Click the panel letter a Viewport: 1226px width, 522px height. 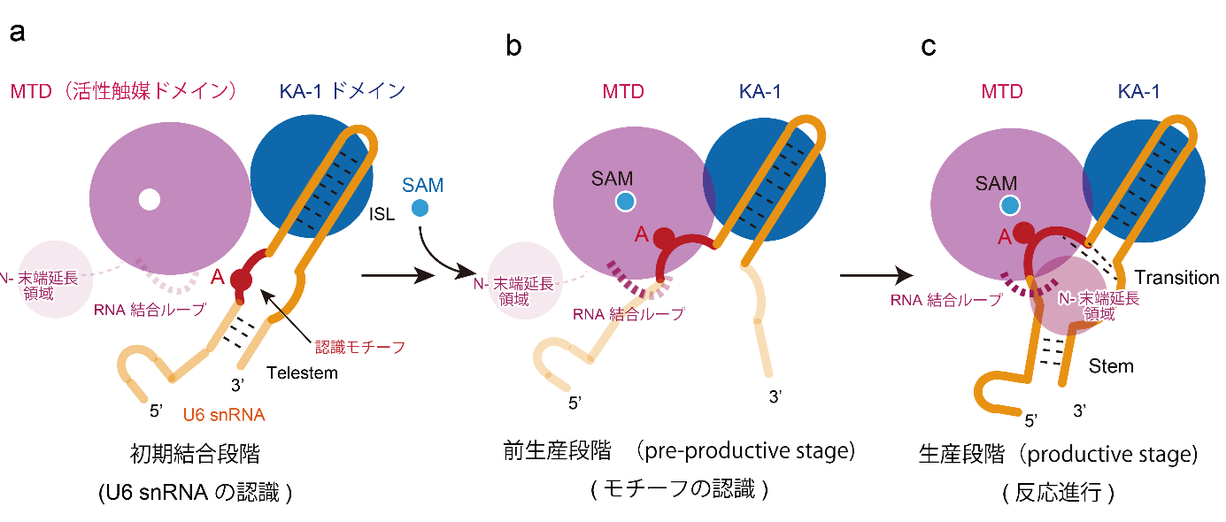pyautogui.click(x=17, y=35)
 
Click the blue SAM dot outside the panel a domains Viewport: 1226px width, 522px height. pyautogui.click(x=420, y=209)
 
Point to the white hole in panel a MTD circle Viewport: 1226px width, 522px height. pyautogui.click(x=149, y=198)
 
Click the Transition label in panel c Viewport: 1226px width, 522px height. pyautogui.click(x=1176, y=278)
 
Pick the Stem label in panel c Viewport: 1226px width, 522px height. pyautogui.click(x=1111, y=365)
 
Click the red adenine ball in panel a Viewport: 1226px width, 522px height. pyautogui.click(x=241, y=279)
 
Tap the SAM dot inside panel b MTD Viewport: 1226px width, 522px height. pyautogui.click(x=626, y=202)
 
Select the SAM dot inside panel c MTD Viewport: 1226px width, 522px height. pyautogui.click(x=1008, y=206)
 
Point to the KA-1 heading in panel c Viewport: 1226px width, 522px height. pyautogui.click(x=1138, y=92)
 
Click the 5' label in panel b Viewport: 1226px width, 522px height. pyautogui.click(x=574, y=403)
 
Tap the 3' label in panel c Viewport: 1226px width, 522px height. pyautogui.click(x=1081, y=411)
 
